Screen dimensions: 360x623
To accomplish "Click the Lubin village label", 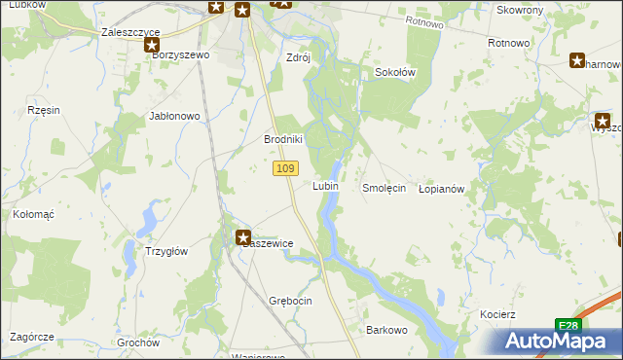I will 325,186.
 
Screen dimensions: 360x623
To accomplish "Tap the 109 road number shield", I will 284,169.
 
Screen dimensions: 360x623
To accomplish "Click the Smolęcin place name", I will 384,188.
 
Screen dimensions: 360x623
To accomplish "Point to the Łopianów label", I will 445,188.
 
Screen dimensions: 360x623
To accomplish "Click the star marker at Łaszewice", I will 243,236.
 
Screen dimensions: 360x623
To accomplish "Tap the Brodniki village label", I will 284,139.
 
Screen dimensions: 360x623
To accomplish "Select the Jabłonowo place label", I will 174,116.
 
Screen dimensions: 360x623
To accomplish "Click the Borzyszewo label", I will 181,55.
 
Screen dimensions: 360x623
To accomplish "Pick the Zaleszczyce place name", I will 130,32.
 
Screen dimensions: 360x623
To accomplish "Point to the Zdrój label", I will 298,56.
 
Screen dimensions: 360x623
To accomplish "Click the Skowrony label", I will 520,10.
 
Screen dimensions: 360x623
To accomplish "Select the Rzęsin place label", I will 45,110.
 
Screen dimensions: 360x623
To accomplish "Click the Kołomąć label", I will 32,212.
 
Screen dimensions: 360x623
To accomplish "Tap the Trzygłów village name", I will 166,250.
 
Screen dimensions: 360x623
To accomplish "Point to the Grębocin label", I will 288,301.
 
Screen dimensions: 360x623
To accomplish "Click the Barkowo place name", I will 386,330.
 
